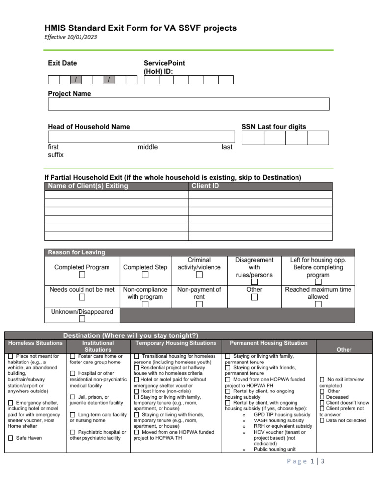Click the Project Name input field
point(188,104)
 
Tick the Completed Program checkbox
point(82,275)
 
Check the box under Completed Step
point(145,275)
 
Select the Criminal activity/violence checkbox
point(199,275)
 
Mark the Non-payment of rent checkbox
point(199,305)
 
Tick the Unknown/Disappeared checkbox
point(82,319)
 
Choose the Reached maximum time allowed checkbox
point(318,305)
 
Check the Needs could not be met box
point(82,297)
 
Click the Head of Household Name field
point(141,137)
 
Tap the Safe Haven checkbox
point(11,438)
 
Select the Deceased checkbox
point(322,397)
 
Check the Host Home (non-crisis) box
point(137,391)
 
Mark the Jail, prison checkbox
point(73,397)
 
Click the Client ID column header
point(205,186)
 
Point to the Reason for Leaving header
point(76,252)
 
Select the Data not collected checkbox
point(322,420)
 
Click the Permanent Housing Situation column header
point(269,343)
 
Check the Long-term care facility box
point(73,415)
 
